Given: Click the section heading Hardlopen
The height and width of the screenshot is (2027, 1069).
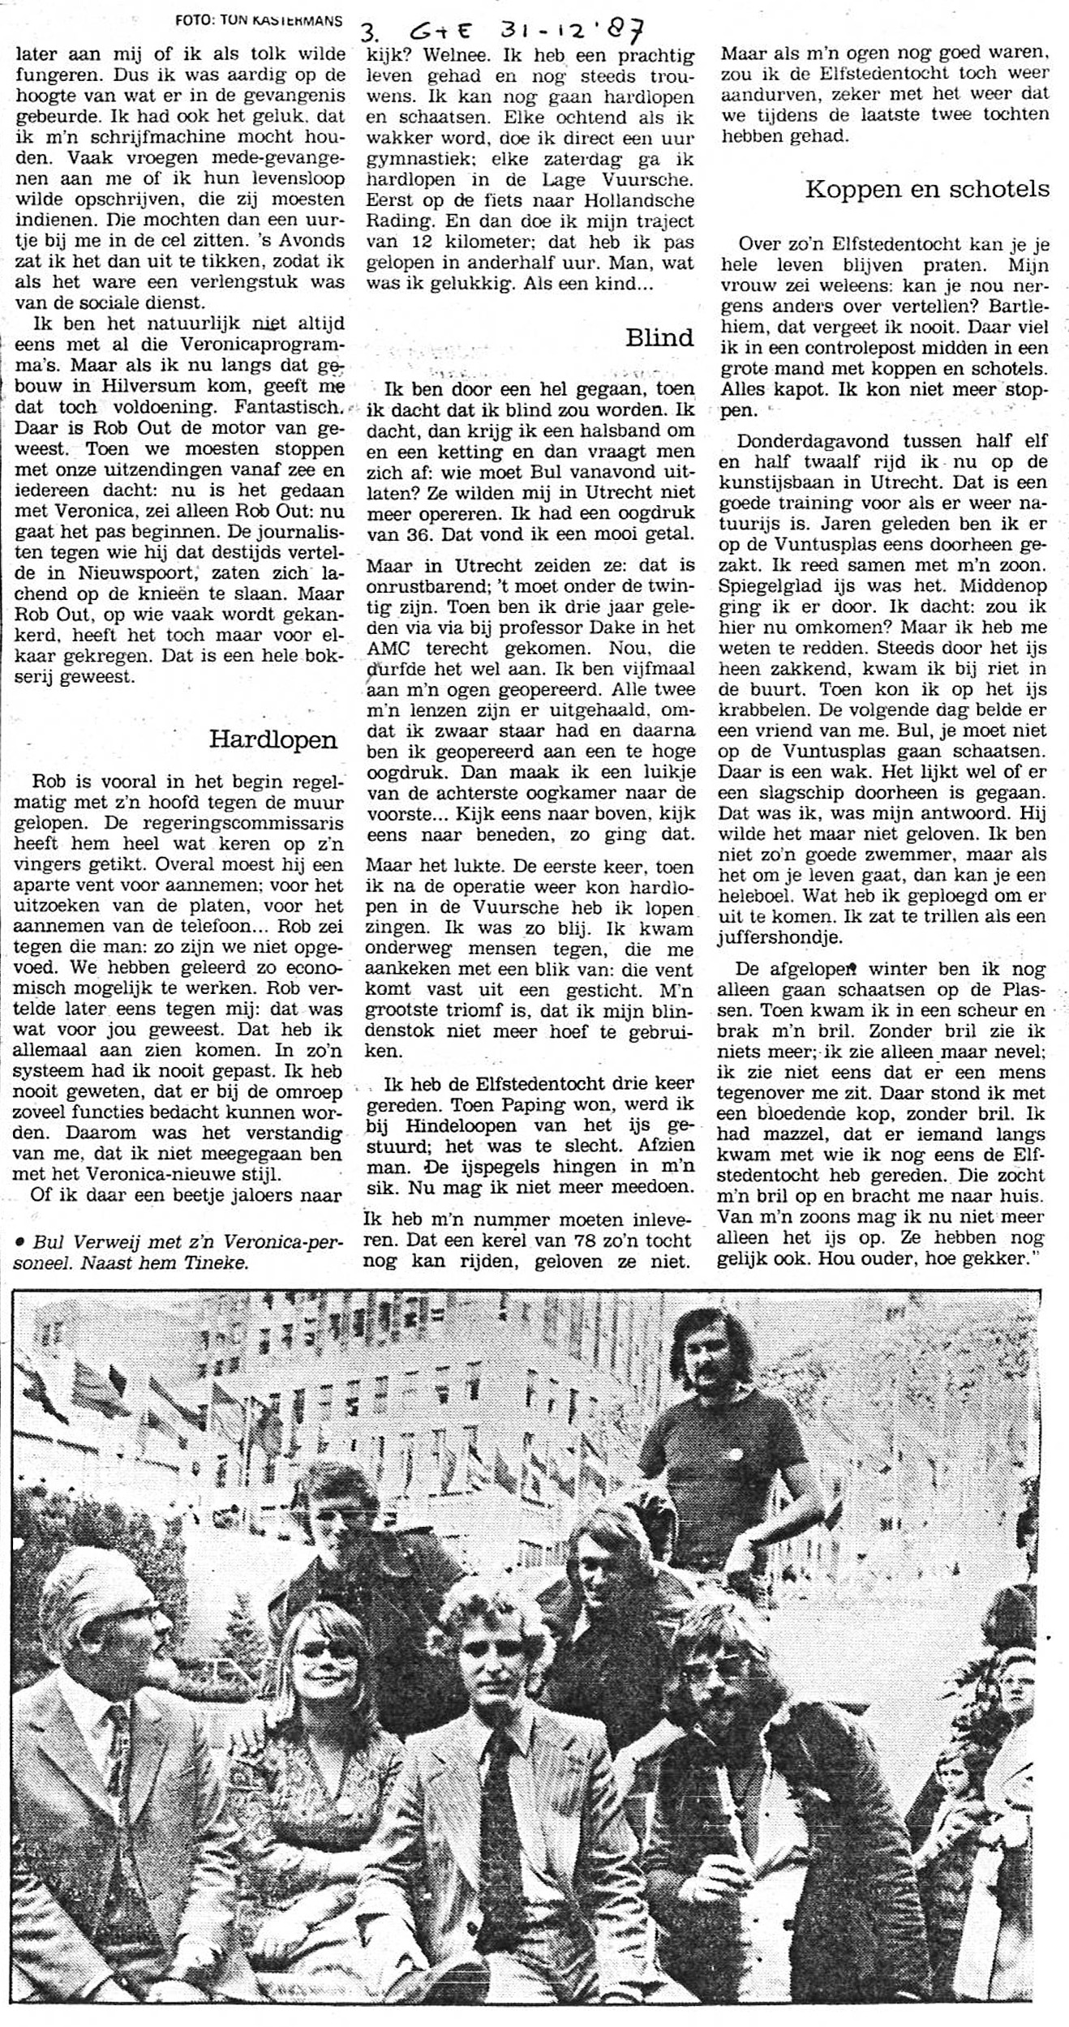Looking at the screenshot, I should pos(273,739).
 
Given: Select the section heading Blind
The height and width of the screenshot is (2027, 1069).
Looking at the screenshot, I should pos(659,337).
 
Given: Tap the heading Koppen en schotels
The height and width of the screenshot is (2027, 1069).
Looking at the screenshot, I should pos(927,190).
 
